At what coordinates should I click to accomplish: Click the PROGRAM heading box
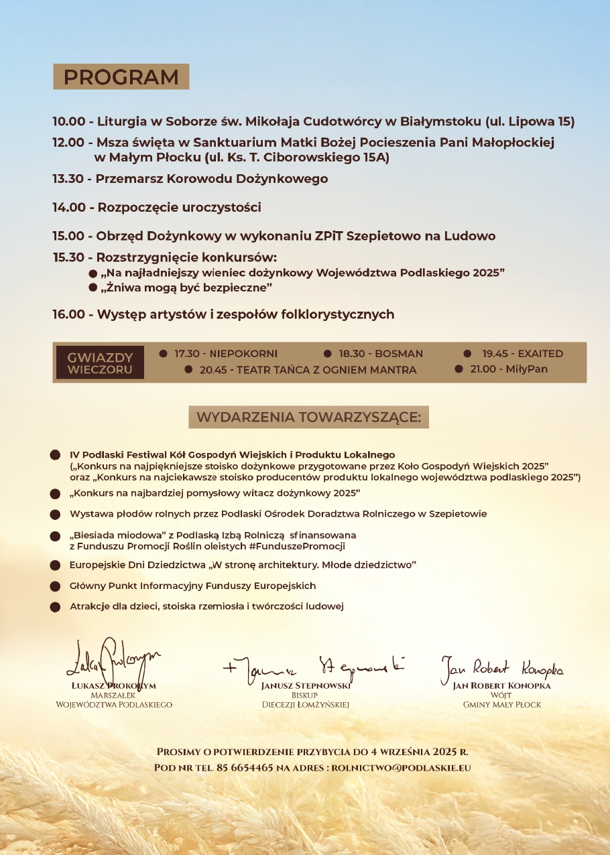point(121,77)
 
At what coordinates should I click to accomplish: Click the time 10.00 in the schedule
point(69,122)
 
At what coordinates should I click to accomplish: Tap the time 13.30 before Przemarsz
point(69,179)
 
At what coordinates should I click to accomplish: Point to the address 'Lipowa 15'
point(544,122)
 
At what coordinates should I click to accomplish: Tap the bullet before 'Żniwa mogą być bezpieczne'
point(93,287)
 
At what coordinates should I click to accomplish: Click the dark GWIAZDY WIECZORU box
point(100,363)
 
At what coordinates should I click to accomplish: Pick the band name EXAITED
point(540,354)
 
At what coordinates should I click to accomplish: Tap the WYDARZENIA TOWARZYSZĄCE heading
point(308,417)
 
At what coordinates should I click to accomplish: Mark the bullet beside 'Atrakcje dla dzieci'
point(55,607)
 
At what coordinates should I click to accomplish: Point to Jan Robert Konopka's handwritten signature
point(501,667)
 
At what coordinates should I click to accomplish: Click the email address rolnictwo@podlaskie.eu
point(401,767)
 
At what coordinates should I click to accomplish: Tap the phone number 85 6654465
point(245,767)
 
